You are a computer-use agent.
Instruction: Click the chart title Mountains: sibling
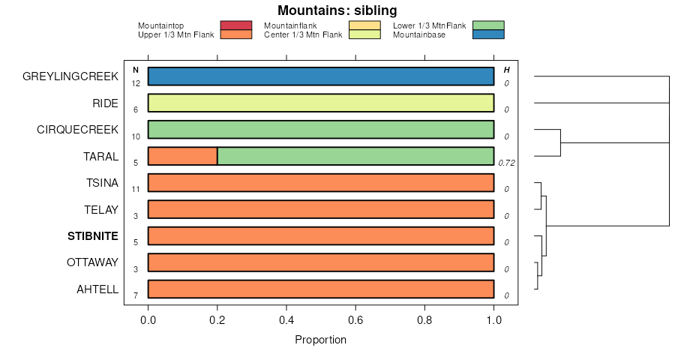pos(337,10)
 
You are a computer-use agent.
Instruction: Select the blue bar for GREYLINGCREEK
pos(321,76)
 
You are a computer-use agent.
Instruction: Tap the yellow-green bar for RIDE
pos(321,103)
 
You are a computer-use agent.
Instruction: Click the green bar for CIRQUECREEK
pos(321,130)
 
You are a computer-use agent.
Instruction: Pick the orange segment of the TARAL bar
pos(182,156)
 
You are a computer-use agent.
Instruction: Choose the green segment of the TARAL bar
pos(355,156)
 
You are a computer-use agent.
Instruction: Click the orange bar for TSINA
pos(321,183)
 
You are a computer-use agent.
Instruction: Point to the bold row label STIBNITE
pos(93,236)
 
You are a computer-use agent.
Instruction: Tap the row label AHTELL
pos(97,289)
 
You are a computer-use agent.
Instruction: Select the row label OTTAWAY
pos(92,262)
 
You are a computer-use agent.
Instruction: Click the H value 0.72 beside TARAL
pos(506,163)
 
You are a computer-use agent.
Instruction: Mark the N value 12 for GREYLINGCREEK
pos(136,83)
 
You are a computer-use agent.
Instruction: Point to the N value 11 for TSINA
pos(136,190)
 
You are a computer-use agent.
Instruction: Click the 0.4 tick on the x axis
pos(286,320)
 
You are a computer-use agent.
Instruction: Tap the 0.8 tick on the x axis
pos(425,320)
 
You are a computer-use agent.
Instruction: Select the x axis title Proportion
pos(321,340)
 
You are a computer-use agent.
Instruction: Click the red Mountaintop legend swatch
pos(235,25)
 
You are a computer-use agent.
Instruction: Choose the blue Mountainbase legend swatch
pos(488,34)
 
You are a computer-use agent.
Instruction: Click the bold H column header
pos(506,70)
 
